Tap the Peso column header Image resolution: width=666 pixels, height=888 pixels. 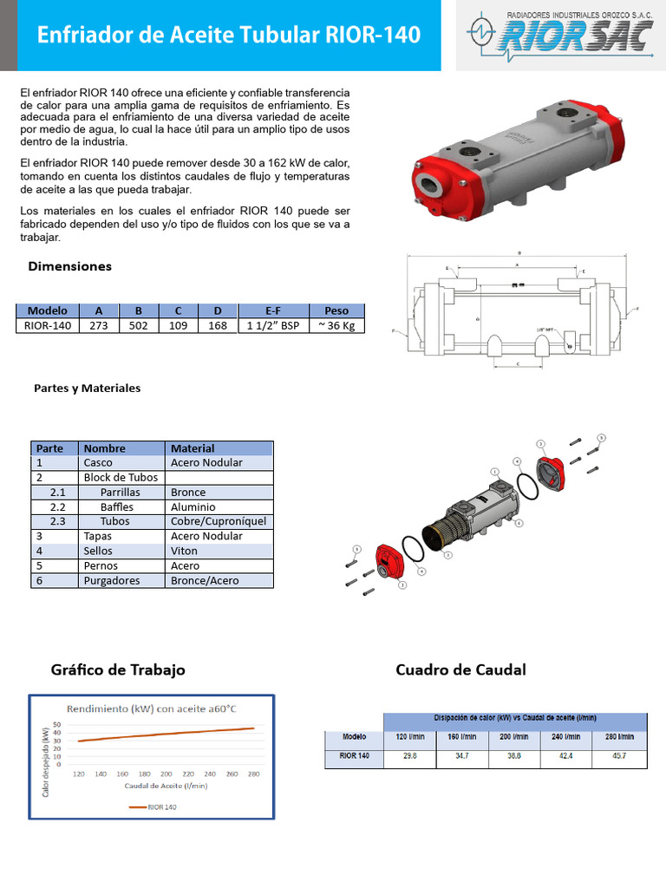point(336,310)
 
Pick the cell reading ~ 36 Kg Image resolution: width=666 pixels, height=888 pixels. point(336,326)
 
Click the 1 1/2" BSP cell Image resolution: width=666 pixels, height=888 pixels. point(272,326)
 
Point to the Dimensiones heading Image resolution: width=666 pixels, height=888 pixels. point(70,266)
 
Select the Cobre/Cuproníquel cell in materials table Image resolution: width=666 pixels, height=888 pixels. point(219,521)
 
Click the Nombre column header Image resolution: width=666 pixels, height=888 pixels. point(105,448)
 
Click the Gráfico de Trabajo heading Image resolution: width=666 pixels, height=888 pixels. point(118,670)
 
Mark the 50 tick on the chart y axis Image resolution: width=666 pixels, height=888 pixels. point(57,724)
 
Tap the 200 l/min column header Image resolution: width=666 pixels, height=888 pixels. point(513,737)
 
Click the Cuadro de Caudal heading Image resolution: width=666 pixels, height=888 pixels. point(460,670)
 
